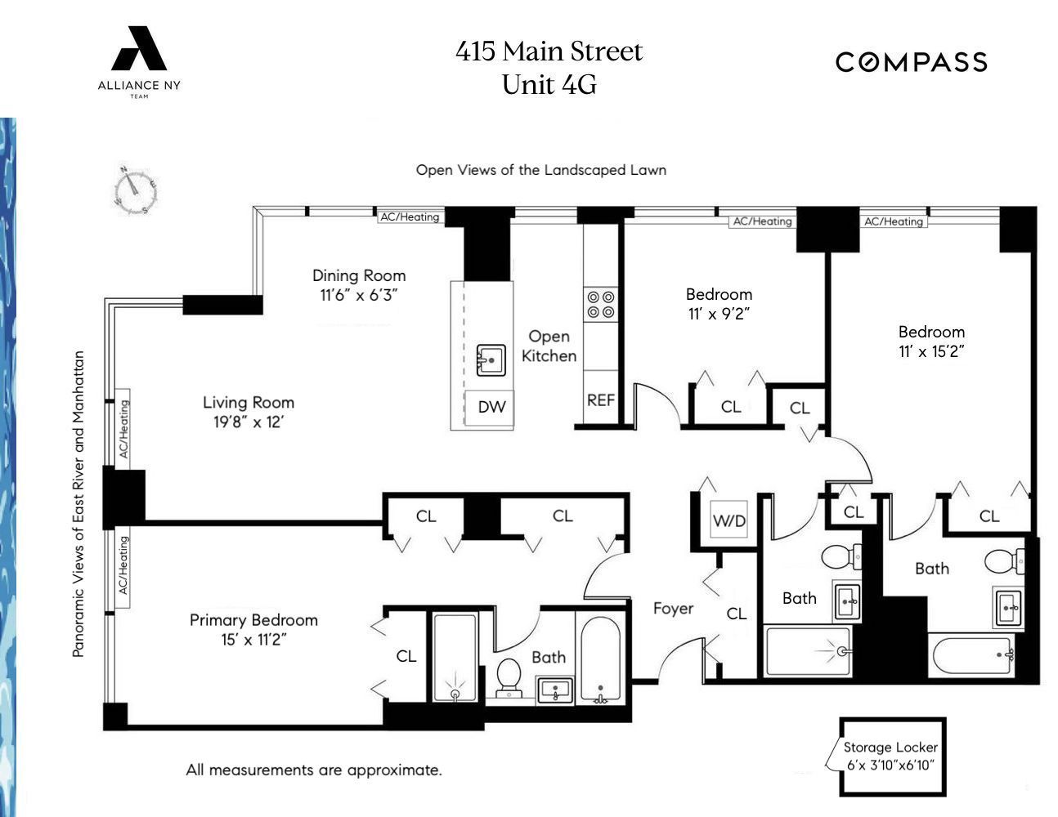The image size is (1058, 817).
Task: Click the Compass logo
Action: (x=911, y=62)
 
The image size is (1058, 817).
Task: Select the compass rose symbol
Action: (x=135, y=191)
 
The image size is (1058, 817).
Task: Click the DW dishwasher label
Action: (x=491, y=407)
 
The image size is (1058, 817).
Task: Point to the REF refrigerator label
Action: (x=600, y=400)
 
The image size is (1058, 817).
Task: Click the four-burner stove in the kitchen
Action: (x=601, y=305)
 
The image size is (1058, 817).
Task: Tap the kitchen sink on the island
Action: (x=491, y=359)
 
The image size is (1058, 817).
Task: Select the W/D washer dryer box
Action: (x=728, y=520)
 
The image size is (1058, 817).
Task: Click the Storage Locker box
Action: (x=892, y=757)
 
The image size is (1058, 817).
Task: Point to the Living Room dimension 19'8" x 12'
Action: (x=248, y=422)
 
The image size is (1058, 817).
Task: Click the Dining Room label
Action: (x=359, y=276)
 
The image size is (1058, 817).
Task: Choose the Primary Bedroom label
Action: (x=253, y=620)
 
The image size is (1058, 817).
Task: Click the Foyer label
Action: (x=673, y=609)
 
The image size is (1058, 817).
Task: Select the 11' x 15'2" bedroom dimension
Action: (x=931, y=352)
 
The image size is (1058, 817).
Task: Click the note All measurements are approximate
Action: (x=314, y=770)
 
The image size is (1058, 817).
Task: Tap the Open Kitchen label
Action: (x=549, y=346)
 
